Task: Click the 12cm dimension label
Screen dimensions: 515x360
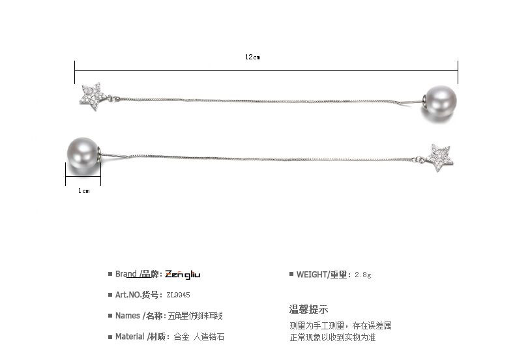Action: click(253, 57)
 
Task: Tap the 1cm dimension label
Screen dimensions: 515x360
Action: click(83, 190)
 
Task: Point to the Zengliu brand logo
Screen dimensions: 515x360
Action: click(183, 275)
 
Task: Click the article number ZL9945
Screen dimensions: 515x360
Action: click(179, 295)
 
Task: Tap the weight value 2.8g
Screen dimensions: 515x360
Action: click(363, 275)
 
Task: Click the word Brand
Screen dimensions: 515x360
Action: click(126, 275)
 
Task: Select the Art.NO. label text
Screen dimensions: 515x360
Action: click(128, 295)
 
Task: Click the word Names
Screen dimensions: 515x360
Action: click(127, 316)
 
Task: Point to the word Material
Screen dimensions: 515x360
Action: click(130, 337)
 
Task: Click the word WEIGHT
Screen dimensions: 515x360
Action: click(312, 275)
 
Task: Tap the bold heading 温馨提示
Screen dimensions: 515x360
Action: click(308, 310)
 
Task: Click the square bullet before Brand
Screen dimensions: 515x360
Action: click(110, 275)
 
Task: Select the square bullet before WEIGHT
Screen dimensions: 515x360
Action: click(291, 275)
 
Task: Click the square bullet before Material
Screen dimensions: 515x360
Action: click(110, 337)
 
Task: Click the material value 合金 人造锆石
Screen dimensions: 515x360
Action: click(201, 337)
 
